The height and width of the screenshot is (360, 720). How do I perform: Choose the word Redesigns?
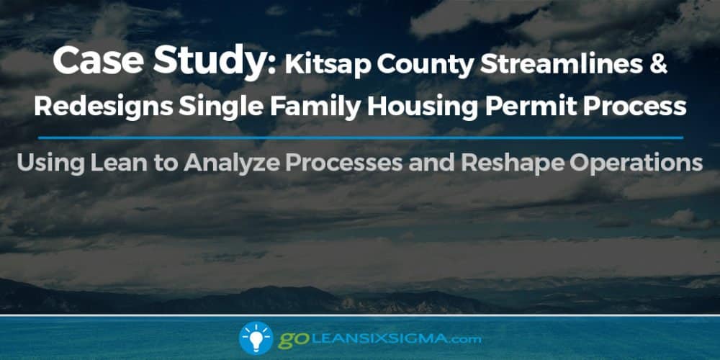pyautogui.click(x=104, y=107)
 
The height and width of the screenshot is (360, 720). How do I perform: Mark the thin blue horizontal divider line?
pyautogui.click(x=361, y=138)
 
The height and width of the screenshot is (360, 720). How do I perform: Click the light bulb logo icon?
pyautogui.click(x=256, y=338)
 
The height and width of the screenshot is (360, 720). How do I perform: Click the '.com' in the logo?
pyautogui.click(x=462, y=340)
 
